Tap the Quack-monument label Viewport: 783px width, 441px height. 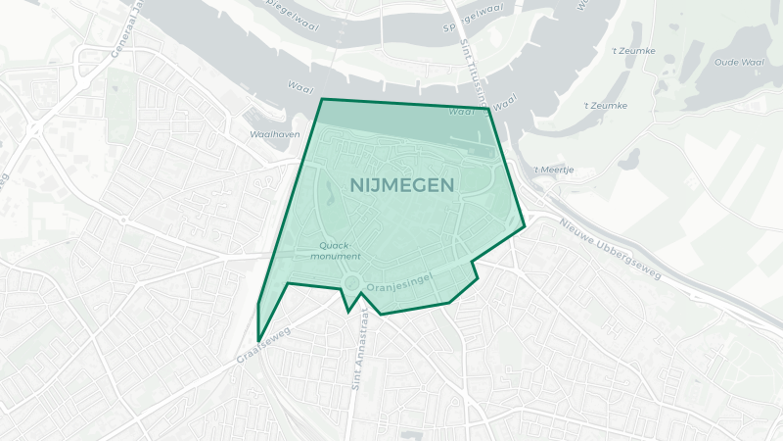point(336,250)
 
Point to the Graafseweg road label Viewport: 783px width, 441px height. point(264,347)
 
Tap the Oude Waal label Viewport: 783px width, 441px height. point(739,62)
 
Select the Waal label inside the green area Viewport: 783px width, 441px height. point(461,112)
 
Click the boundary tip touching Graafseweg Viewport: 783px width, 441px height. point(258,341)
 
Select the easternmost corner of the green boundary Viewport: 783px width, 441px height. point(525,226)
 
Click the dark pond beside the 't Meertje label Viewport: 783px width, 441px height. point(628,159)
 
